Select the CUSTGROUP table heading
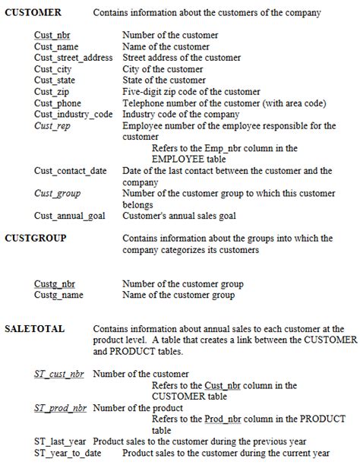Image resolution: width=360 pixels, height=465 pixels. tap(35, 239)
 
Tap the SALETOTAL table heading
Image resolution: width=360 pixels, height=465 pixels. tap(34, 329)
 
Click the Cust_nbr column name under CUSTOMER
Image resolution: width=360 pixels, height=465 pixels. tap(52, 36)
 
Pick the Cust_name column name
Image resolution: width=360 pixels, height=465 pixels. tap(56, 47)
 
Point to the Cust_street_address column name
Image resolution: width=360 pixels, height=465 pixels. tap(74, 58)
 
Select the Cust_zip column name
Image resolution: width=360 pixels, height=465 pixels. tap(51, 92)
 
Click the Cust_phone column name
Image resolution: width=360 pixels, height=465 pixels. tap(58, 103)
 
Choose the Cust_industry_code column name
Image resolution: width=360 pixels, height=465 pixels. tap(73, 115)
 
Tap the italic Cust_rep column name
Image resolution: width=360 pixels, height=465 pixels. tap(52, 125)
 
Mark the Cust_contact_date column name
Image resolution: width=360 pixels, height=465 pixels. tap(71, 171)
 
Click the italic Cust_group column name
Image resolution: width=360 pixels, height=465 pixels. tap(57, 194)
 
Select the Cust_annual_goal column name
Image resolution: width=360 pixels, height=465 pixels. tap(69, 216)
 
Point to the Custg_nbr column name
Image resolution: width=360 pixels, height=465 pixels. tap(55, 284)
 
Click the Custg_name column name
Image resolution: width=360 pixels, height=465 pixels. tap(58, 295)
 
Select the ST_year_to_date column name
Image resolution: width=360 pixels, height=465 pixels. tap(68, 453)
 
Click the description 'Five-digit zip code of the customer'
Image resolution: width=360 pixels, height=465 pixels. tap(191, 92)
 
